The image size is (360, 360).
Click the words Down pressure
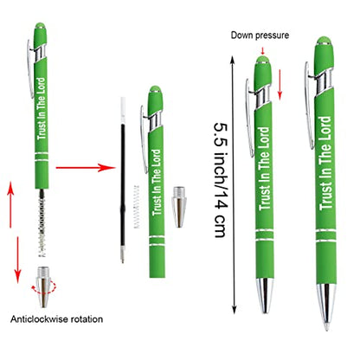tap(260, 35)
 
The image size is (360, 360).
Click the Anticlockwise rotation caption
tap(56, 319)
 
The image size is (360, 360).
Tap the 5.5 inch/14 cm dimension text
tap(221, 180)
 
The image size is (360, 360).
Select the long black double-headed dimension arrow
tap(234, 185)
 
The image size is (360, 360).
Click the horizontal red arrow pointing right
tap(86, 167)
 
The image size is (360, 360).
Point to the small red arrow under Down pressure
tap(262, 51)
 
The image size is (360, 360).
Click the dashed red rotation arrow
tap(44, 287)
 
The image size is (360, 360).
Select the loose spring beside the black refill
tap(137, 207)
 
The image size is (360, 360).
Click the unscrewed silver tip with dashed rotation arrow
tap(43, 286)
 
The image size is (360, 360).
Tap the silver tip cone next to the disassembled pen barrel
tap(179, 207)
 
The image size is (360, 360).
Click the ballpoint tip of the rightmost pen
tap(326, 327)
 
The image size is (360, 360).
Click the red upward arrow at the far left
tap(10, 204)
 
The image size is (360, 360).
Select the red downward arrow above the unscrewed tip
tap(17, 260)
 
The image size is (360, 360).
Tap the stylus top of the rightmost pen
tap(324, 41)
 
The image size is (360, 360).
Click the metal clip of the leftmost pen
tap(30, 68)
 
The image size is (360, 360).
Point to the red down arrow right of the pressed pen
tap(280, 85)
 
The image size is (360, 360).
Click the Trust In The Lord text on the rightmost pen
tap(325, 163)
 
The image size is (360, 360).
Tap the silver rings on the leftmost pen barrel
tap(42, 157)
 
